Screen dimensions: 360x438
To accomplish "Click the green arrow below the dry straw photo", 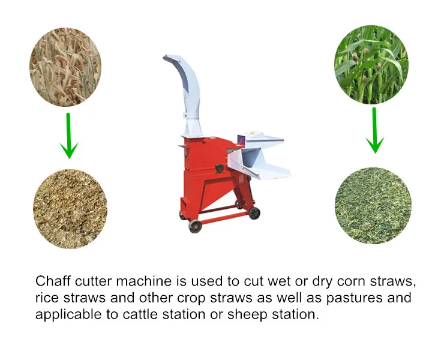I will pyautogui.click(x=69, y=136).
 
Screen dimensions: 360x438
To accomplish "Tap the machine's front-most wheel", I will pyautogui.click(x=194, y=226).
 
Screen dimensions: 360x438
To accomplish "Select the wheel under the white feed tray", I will pyautogui.click(x=254, y=212).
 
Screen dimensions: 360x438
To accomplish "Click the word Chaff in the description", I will pyautogui.click(x=50, y=281).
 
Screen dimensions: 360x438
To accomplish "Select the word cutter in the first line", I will pyautogui.click(x=90, y=281).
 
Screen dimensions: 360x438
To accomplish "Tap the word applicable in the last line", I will pyautogui.click(x=65, y=314).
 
